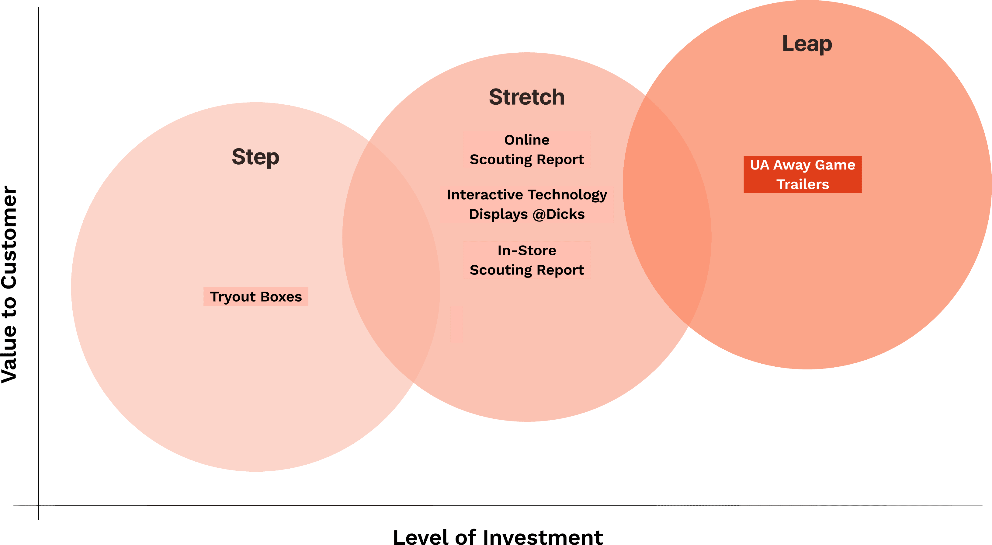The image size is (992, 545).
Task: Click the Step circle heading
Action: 255,157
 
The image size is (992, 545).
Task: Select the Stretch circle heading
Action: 526,97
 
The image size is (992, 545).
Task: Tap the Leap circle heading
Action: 807,44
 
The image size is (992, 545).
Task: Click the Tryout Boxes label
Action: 256,296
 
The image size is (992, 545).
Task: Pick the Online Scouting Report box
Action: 526,149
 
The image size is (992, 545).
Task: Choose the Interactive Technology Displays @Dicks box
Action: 526,204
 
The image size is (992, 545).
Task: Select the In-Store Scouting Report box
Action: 526,260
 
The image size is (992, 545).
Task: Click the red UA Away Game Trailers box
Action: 802,175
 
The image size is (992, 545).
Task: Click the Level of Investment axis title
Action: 498,536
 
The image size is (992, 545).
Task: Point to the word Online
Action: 526,140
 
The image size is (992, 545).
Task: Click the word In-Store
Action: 526,250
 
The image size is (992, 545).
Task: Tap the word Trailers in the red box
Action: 802,184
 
